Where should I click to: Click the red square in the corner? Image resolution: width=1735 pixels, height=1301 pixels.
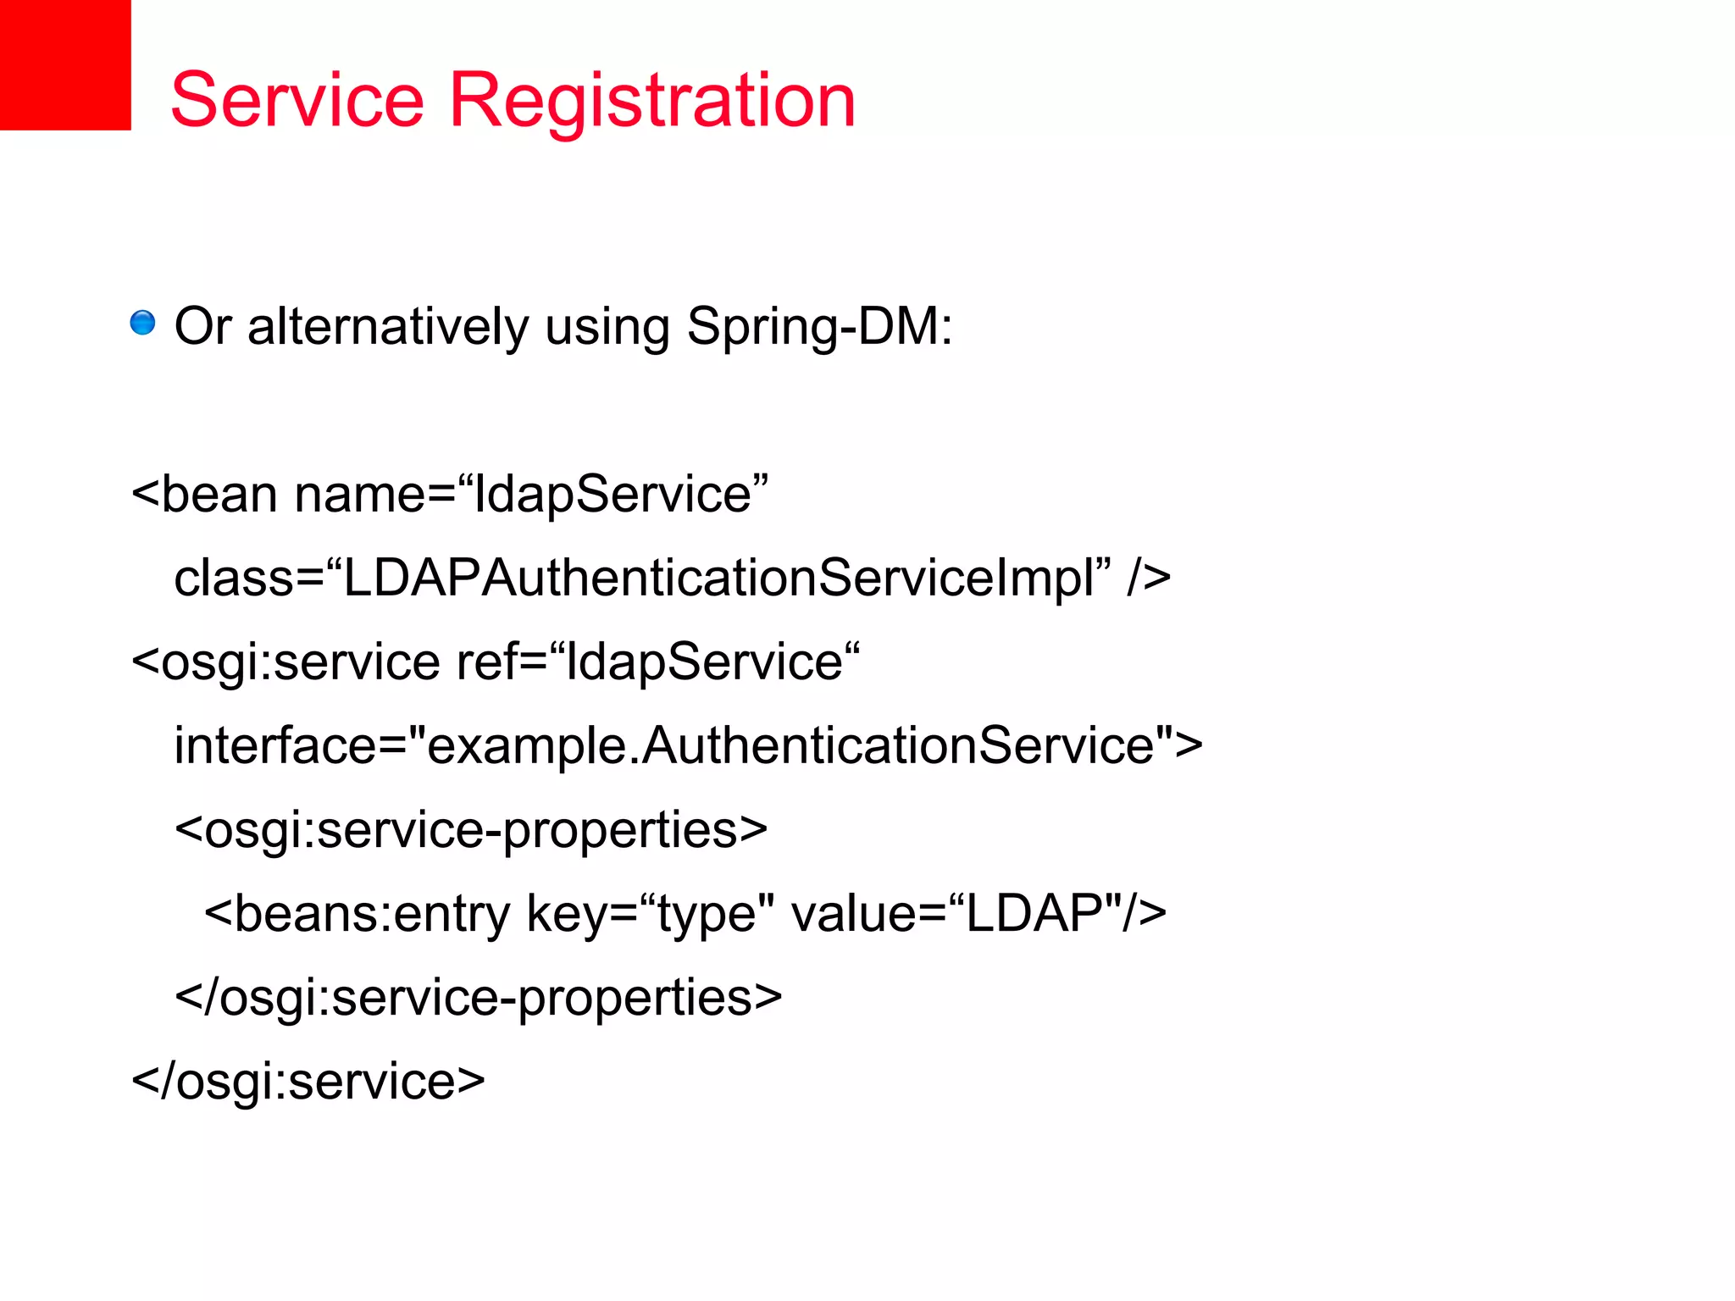click(65, 64)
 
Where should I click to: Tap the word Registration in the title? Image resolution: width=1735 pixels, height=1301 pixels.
click(652, 102)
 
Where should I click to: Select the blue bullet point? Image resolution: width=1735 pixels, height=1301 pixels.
click(142, 323)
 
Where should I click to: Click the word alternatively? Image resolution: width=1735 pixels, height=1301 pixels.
click(388, 326)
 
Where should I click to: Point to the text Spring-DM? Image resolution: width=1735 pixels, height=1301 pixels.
click(819, 328)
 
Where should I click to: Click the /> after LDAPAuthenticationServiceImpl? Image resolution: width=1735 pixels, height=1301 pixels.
click(1149, 578)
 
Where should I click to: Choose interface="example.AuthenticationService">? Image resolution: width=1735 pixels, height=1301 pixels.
click(688, 745)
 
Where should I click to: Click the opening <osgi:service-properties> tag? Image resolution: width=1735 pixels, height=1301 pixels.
click(471, 829)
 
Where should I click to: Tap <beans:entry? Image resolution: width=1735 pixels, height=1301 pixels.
click(357, 913)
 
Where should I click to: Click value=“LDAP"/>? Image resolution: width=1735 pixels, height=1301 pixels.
click(978, 913)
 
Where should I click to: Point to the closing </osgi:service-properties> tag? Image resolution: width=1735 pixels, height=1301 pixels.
click(478, 997)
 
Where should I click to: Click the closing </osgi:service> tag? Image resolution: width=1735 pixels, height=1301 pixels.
click(308, 1081)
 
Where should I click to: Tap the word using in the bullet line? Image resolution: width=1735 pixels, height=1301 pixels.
click(607, 328)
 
